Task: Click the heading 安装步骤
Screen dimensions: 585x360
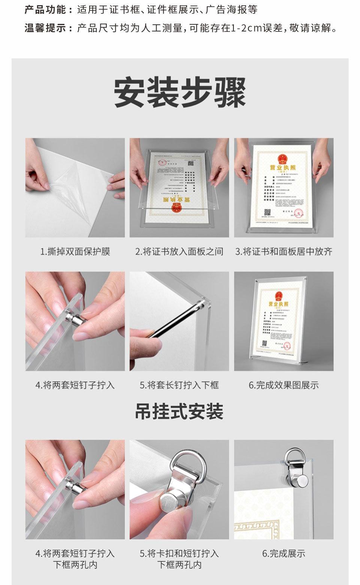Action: (180, 92)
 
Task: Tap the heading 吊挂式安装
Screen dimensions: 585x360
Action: (179, 411)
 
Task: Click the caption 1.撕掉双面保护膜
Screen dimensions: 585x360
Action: (75, 252)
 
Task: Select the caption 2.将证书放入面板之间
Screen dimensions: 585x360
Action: (179, 252)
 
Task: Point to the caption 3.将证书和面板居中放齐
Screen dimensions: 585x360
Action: (284, 252)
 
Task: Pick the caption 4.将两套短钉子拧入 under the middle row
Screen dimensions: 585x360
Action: (75, 385)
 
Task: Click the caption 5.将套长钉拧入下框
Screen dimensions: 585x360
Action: (179, 385)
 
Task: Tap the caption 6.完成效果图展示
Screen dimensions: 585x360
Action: (284, 385)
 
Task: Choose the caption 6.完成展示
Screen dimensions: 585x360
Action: (284, 554)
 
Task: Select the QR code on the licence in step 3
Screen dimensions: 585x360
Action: (268, 212)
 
